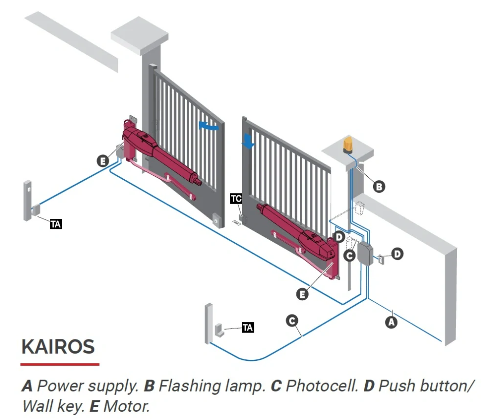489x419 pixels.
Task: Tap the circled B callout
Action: pos(379,187)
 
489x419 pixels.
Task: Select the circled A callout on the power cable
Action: pos(391,322)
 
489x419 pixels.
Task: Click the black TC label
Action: pos(236,198)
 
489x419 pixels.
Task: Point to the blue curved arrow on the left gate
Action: pos(209,126)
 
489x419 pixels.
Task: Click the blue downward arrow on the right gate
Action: pos(248,141)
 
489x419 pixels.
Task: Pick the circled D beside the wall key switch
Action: pos(397,254)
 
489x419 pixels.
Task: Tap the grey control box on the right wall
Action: pos(365,253)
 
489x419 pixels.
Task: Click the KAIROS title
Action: pos(58,346)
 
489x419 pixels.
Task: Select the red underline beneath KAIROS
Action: pos(60,364)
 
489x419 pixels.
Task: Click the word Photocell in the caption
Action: pos(322,386)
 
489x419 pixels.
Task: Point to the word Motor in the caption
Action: pos(127,406)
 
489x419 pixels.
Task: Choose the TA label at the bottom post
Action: pos(247,327)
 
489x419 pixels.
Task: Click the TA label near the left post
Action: pos(56,224)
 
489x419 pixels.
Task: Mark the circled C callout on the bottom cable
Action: pos(292,320)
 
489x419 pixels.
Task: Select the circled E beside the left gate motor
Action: pos(103,161)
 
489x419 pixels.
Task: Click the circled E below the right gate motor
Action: pos(302,294)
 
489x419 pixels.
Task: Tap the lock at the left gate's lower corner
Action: pos(217,220)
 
